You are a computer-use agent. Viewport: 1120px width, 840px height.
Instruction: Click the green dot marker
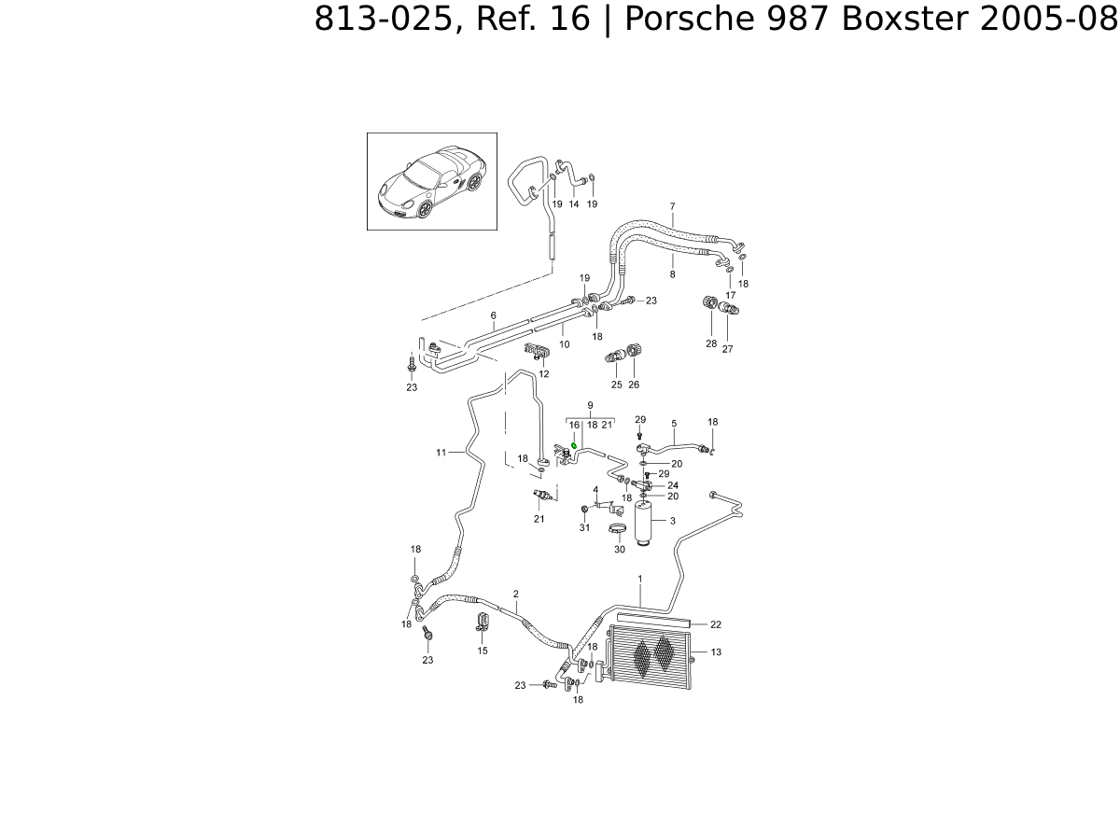(574, 446)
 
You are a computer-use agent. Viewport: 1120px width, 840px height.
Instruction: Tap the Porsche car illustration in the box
(431, 181)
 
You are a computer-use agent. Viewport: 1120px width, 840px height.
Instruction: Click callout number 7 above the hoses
(672, 206)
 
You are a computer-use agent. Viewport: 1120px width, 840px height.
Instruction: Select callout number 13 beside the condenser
(716, 652)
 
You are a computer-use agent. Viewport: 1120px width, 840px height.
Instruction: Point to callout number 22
(716, 624)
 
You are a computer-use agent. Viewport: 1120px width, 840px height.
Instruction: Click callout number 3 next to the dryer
(672, 521)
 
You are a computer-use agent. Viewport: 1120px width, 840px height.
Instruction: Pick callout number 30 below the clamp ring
(619, 550)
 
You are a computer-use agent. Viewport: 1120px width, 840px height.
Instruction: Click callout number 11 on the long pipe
(441, 453)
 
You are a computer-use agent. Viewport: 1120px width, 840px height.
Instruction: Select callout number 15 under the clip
(483, 651)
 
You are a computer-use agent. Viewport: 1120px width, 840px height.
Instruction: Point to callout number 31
(584, 528)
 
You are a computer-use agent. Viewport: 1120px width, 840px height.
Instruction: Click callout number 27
(727, 349)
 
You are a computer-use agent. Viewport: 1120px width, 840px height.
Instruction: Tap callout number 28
(711, 344)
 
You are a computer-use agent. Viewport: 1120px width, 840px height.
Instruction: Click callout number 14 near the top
(574, 204)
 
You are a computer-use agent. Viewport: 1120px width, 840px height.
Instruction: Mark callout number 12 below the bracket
(543, 373)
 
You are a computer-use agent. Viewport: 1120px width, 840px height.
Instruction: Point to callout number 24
(673, 485)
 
